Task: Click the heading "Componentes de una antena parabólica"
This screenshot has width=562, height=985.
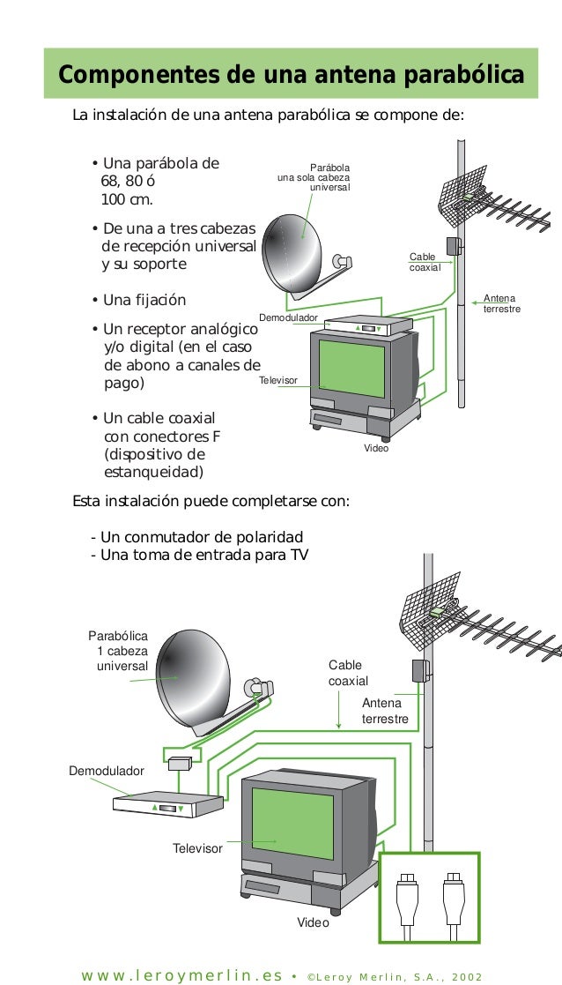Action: click(x=290, y=74)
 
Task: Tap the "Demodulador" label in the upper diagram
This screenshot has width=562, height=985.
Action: click(x=288, y=317)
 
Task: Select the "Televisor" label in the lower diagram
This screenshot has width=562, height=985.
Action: click(x=197, y=848)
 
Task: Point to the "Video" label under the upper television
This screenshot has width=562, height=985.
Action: click(x=376, y=449)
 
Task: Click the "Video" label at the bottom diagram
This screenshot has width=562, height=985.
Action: click(x=313, y=922)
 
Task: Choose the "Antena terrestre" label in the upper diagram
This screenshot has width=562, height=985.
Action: click(x=502, y=304)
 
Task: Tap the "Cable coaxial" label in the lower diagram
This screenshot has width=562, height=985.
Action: click(x=348, y=673)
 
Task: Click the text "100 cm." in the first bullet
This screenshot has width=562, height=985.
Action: click(x=128, y=199)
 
